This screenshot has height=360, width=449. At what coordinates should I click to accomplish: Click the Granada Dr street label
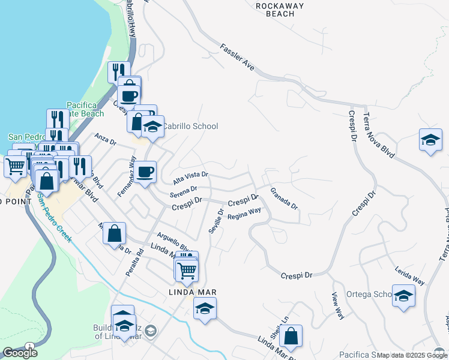click(x=284, y=198)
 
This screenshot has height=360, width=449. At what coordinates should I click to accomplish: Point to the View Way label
click(x=339, y=305)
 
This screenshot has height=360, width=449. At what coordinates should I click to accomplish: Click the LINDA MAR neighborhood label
click(x=191, y=292)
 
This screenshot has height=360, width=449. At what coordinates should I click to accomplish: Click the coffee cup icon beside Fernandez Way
click(x=145, y=172)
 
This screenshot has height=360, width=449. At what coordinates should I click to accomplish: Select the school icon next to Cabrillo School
click(x=152, y=126)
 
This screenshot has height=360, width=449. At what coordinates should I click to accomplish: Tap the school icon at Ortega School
click(x=403, y=295)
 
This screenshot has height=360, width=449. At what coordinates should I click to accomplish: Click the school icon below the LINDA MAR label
click(x=205, y=308)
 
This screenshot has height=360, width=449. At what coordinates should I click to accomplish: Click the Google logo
click(x=20, y=353)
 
